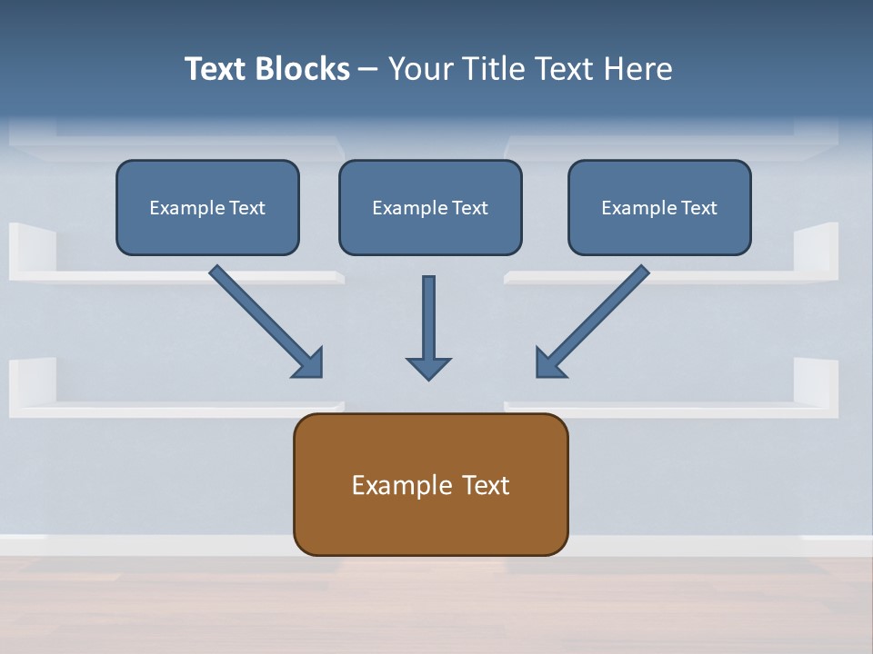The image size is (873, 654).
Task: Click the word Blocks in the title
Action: pyautogui.click(x=301, y=69)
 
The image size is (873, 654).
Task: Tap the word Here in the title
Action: pyautogui.click(x=639, y=69)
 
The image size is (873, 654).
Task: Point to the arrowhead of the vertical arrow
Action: pyautogui.click(x=428, y=368)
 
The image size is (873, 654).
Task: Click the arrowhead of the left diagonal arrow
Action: pyautogui.click(x=309, y=363)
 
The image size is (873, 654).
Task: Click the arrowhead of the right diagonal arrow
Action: pyautogui.click(x=548, y=363)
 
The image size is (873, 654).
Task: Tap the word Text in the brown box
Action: pyautogui.click(x=486, y=485)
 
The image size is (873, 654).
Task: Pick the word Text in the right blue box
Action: pyautogui.click(x=698, y=208)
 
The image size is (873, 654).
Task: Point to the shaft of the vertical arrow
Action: pyautogui.click(x=428, y=313)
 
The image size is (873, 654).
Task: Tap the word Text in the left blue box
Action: pyautogui.click(x=246, y=208)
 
